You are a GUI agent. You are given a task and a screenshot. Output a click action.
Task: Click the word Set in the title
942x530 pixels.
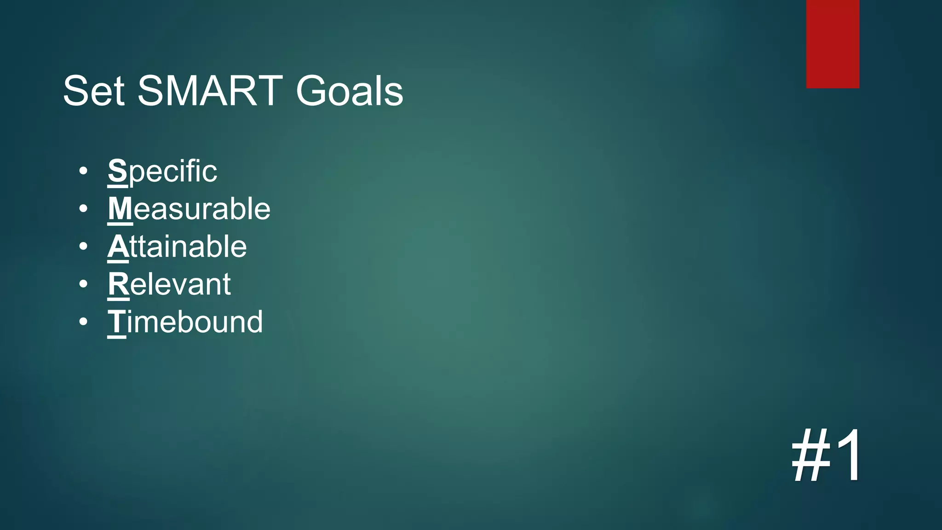pyautogui.click(x=94, y=91)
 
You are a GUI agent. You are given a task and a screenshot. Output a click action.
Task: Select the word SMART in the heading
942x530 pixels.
pyautogui.click(x=210, y=91)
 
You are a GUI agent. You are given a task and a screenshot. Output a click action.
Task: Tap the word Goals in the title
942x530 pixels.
pyautogui.click(x=350, y=91)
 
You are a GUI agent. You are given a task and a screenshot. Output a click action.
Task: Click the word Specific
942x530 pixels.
pyautogui.click(x=162, y=171)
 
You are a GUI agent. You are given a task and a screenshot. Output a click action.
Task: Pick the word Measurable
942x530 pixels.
pyautogui.click(x=189, y=209)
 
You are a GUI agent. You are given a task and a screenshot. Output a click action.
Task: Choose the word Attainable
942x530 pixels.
pyautogui.click(x=177, y=247)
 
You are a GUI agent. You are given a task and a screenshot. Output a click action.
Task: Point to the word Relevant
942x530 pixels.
pyautogui.click(x=169, y=284)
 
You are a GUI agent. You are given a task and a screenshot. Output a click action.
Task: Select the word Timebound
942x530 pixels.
pyautogui.click(x=185, y=322)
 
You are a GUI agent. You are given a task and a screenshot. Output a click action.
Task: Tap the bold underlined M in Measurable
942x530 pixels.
pyautogui.click(x=120, y=209)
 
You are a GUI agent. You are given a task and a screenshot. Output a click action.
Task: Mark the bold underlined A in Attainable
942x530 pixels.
pyautogui.click(x=118, y=247)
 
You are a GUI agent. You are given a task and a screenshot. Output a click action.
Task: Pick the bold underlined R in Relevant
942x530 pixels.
pyautogui.click(x=119, y=284)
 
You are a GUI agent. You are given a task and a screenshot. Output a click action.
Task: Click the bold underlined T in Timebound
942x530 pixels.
pyautogui.click(x=117, y=322)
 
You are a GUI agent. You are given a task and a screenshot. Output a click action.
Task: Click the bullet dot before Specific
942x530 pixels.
pyautogui.click(x=83, y=172)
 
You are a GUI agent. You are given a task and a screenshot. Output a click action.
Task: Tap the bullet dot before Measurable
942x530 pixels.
pyautogui.click(x=83, y=209)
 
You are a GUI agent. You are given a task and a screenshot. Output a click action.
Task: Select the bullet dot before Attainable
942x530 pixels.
pyautogui.click(x=83, y=247)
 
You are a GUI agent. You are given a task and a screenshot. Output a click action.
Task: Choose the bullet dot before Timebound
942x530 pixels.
pyautogui.click(x=83, y=322)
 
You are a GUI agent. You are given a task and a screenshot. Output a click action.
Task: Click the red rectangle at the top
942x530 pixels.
pyautogui.click(x=833, y=44)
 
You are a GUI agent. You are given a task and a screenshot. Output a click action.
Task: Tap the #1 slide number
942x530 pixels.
pyautogui.click(x=827, y=455)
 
